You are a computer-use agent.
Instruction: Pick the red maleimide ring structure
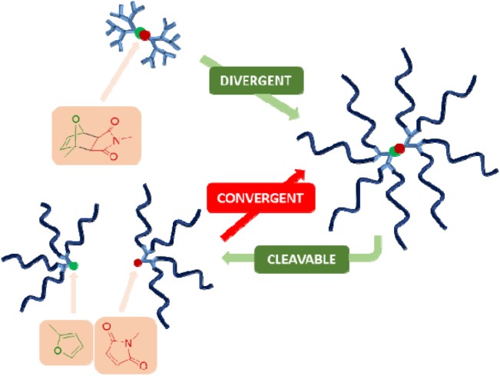126,344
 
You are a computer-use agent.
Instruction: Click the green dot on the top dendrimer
139,33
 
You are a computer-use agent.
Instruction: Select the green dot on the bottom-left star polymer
74,265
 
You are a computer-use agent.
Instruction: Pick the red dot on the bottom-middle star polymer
137,262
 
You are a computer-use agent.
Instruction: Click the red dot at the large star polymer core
399,148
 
